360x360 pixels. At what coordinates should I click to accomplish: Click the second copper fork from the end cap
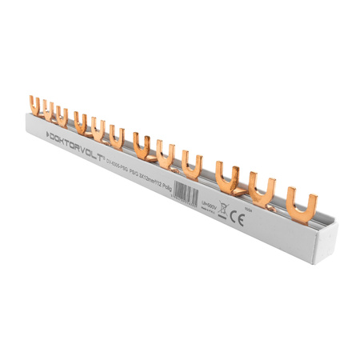(262, 186)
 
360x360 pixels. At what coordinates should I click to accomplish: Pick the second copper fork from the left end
(44, 110)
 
